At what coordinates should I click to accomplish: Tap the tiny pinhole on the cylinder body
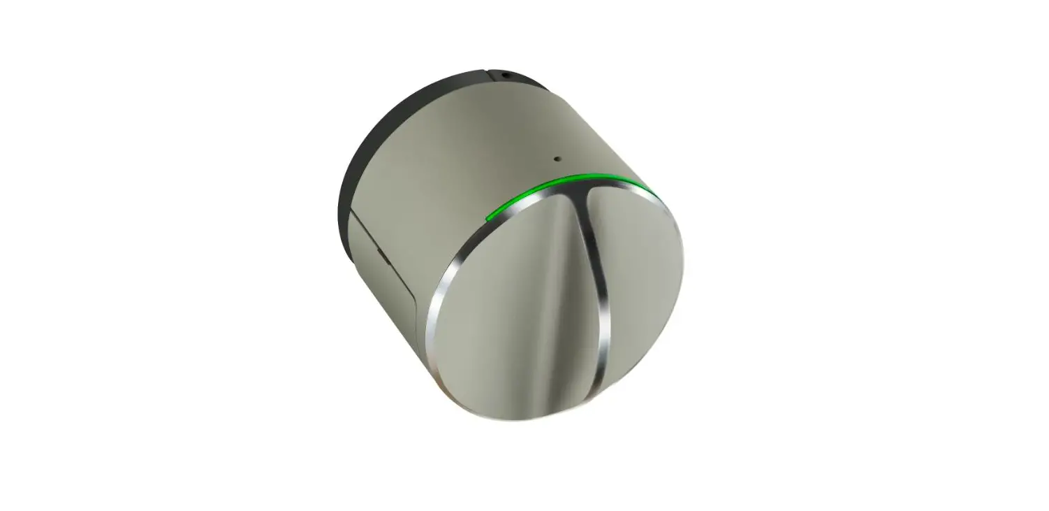point(557,159)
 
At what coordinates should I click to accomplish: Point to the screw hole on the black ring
point(506,73)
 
